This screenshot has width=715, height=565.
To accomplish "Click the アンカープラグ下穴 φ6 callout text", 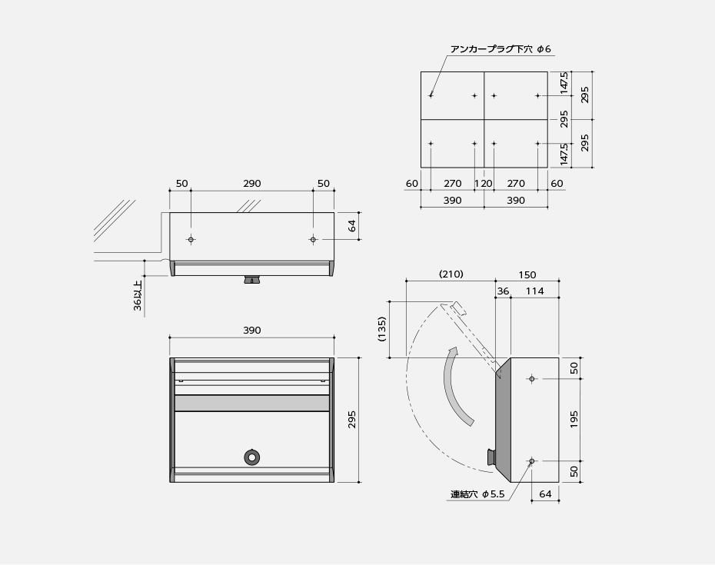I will pyautogui.click(x=500, y=49).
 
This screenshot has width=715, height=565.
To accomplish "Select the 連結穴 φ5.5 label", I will pyautogui.click(x=477, y=494).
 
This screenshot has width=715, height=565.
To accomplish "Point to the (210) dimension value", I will pyautogui.click(x=451, y=274).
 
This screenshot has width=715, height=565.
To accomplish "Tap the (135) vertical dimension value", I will pyautogui.click(x=382, y=329).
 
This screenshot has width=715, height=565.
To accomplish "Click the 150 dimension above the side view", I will pyautogui.click(x=527, y=274).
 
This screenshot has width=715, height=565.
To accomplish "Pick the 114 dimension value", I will pyautogui.click(x=534, y=291).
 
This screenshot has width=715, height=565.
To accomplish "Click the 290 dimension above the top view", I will pyautogui.click(x=251, y=184).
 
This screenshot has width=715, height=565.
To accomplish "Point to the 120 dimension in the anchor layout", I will pyautogui.click(x=484, y=184).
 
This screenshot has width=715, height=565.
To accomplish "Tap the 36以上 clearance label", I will pyautogui.click(x=138, y=295).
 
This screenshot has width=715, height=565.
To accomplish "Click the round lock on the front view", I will pyautogui.click(x=251, y=457).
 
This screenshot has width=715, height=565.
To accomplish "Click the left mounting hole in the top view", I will pyautogui.click(x=191, y=240).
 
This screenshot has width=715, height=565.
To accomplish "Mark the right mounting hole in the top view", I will pyautogui.click(x=313, y=240).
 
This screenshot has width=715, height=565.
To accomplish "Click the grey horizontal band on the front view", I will pyautogui.click(x=251, y=404).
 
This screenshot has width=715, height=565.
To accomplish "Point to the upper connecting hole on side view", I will pyautogui.click(x=531, y=379).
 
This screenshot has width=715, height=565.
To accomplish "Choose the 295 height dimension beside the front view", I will pyautogui.click(x=352, y=420).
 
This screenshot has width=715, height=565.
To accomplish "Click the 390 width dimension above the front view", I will pyautogui.click(x=251, y=331).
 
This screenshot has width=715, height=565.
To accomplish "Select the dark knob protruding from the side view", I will pyautogui.click(x=490, y=457).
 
